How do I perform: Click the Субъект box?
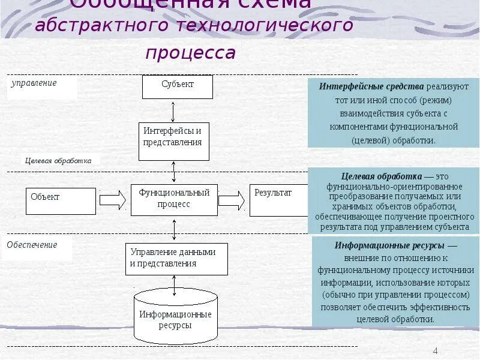178,86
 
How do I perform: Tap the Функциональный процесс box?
174,199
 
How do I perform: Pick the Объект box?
61,201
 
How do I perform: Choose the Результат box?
279,200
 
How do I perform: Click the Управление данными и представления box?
176,259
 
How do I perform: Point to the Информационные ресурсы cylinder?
175,317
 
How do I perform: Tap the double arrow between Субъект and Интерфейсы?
173,111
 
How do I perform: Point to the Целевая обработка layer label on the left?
58,161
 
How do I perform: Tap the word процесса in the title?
190,53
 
